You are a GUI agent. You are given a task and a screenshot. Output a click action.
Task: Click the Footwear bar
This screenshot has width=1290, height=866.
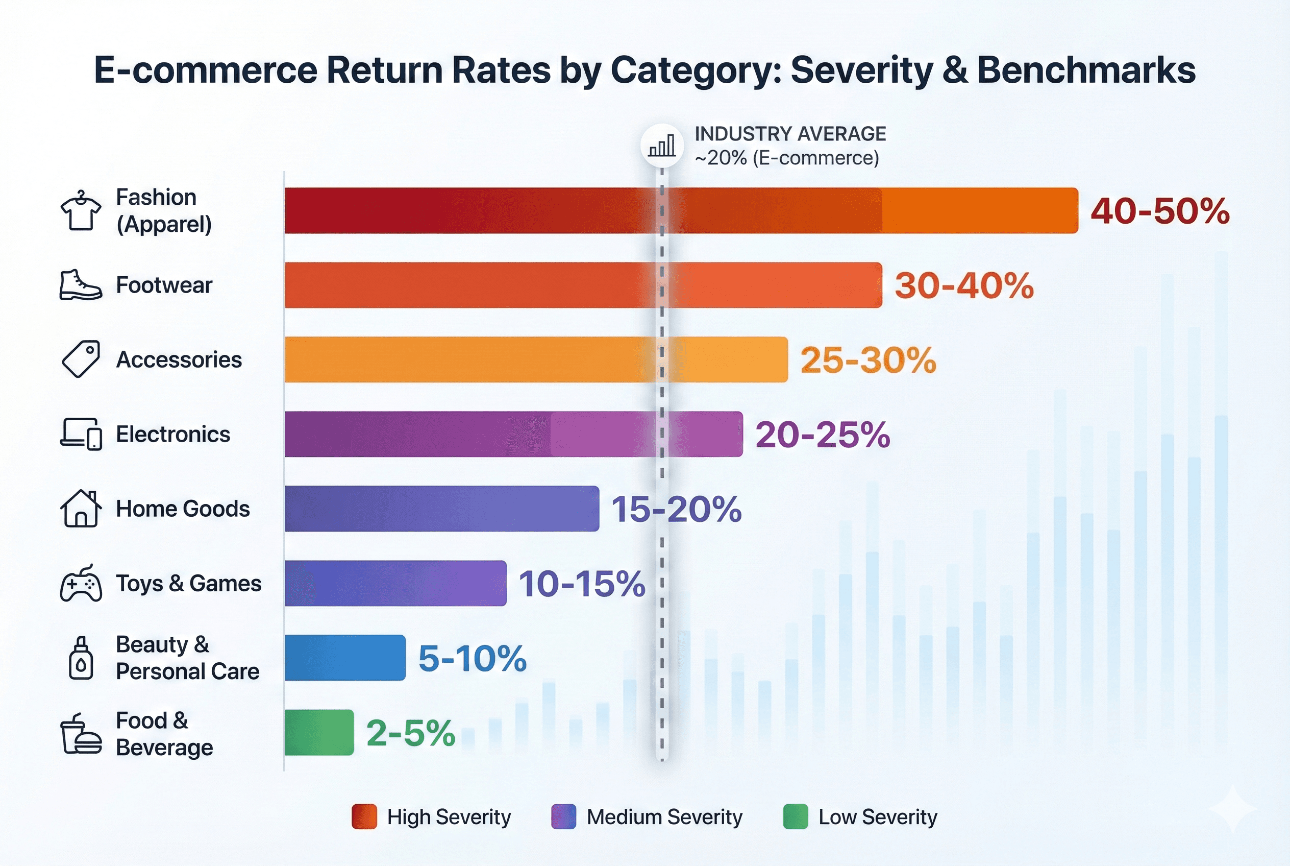click(583, 285)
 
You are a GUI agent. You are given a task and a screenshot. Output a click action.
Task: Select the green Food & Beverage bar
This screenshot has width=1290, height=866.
click(319, 732)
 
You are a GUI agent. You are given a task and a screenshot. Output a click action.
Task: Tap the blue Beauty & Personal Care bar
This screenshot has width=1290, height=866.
click(345, 658)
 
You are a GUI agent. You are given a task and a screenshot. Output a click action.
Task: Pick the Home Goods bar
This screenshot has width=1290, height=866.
click(441, 509)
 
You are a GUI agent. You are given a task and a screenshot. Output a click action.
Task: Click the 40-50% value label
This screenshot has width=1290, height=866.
click(1160, 211)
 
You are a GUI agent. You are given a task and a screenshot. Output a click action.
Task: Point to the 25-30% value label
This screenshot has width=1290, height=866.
click(867, 360)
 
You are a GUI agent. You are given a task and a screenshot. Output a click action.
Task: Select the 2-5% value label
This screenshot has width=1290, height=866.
click(411, 733)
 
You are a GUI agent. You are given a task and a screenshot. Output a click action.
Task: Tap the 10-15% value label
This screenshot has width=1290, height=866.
click(582, 584)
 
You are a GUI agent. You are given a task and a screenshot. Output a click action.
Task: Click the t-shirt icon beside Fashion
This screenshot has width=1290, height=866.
click(81, 211)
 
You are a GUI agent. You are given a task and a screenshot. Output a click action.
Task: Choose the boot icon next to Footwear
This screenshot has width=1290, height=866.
click(81, 285)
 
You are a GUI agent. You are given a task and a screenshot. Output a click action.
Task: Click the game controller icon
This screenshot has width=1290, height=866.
click(81, 583)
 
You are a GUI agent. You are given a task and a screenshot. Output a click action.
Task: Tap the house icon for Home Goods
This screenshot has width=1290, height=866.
click(81, 509)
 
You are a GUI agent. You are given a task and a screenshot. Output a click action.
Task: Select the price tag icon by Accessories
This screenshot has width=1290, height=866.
click(81, 359)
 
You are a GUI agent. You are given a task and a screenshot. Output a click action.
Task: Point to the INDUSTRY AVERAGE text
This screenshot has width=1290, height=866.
click(790, 134)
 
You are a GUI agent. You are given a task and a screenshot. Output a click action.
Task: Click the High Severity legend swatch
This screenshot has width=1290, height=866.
click(364, 817)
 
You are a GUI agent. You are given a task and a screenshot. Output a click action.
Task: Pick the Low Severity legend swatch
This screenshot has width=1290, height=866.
click(796, 817)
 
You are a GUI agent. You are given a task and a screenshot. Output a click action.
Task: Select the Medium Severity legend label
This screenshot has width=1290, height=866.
click(664, 817)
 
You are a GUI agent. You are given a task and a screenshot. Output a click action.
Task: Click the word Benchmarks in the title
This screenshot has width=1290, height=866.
click(1086, 70)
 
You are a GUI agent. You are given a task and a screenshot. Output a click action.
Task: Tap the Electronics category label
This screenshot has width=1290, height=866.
click(173, 434)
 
